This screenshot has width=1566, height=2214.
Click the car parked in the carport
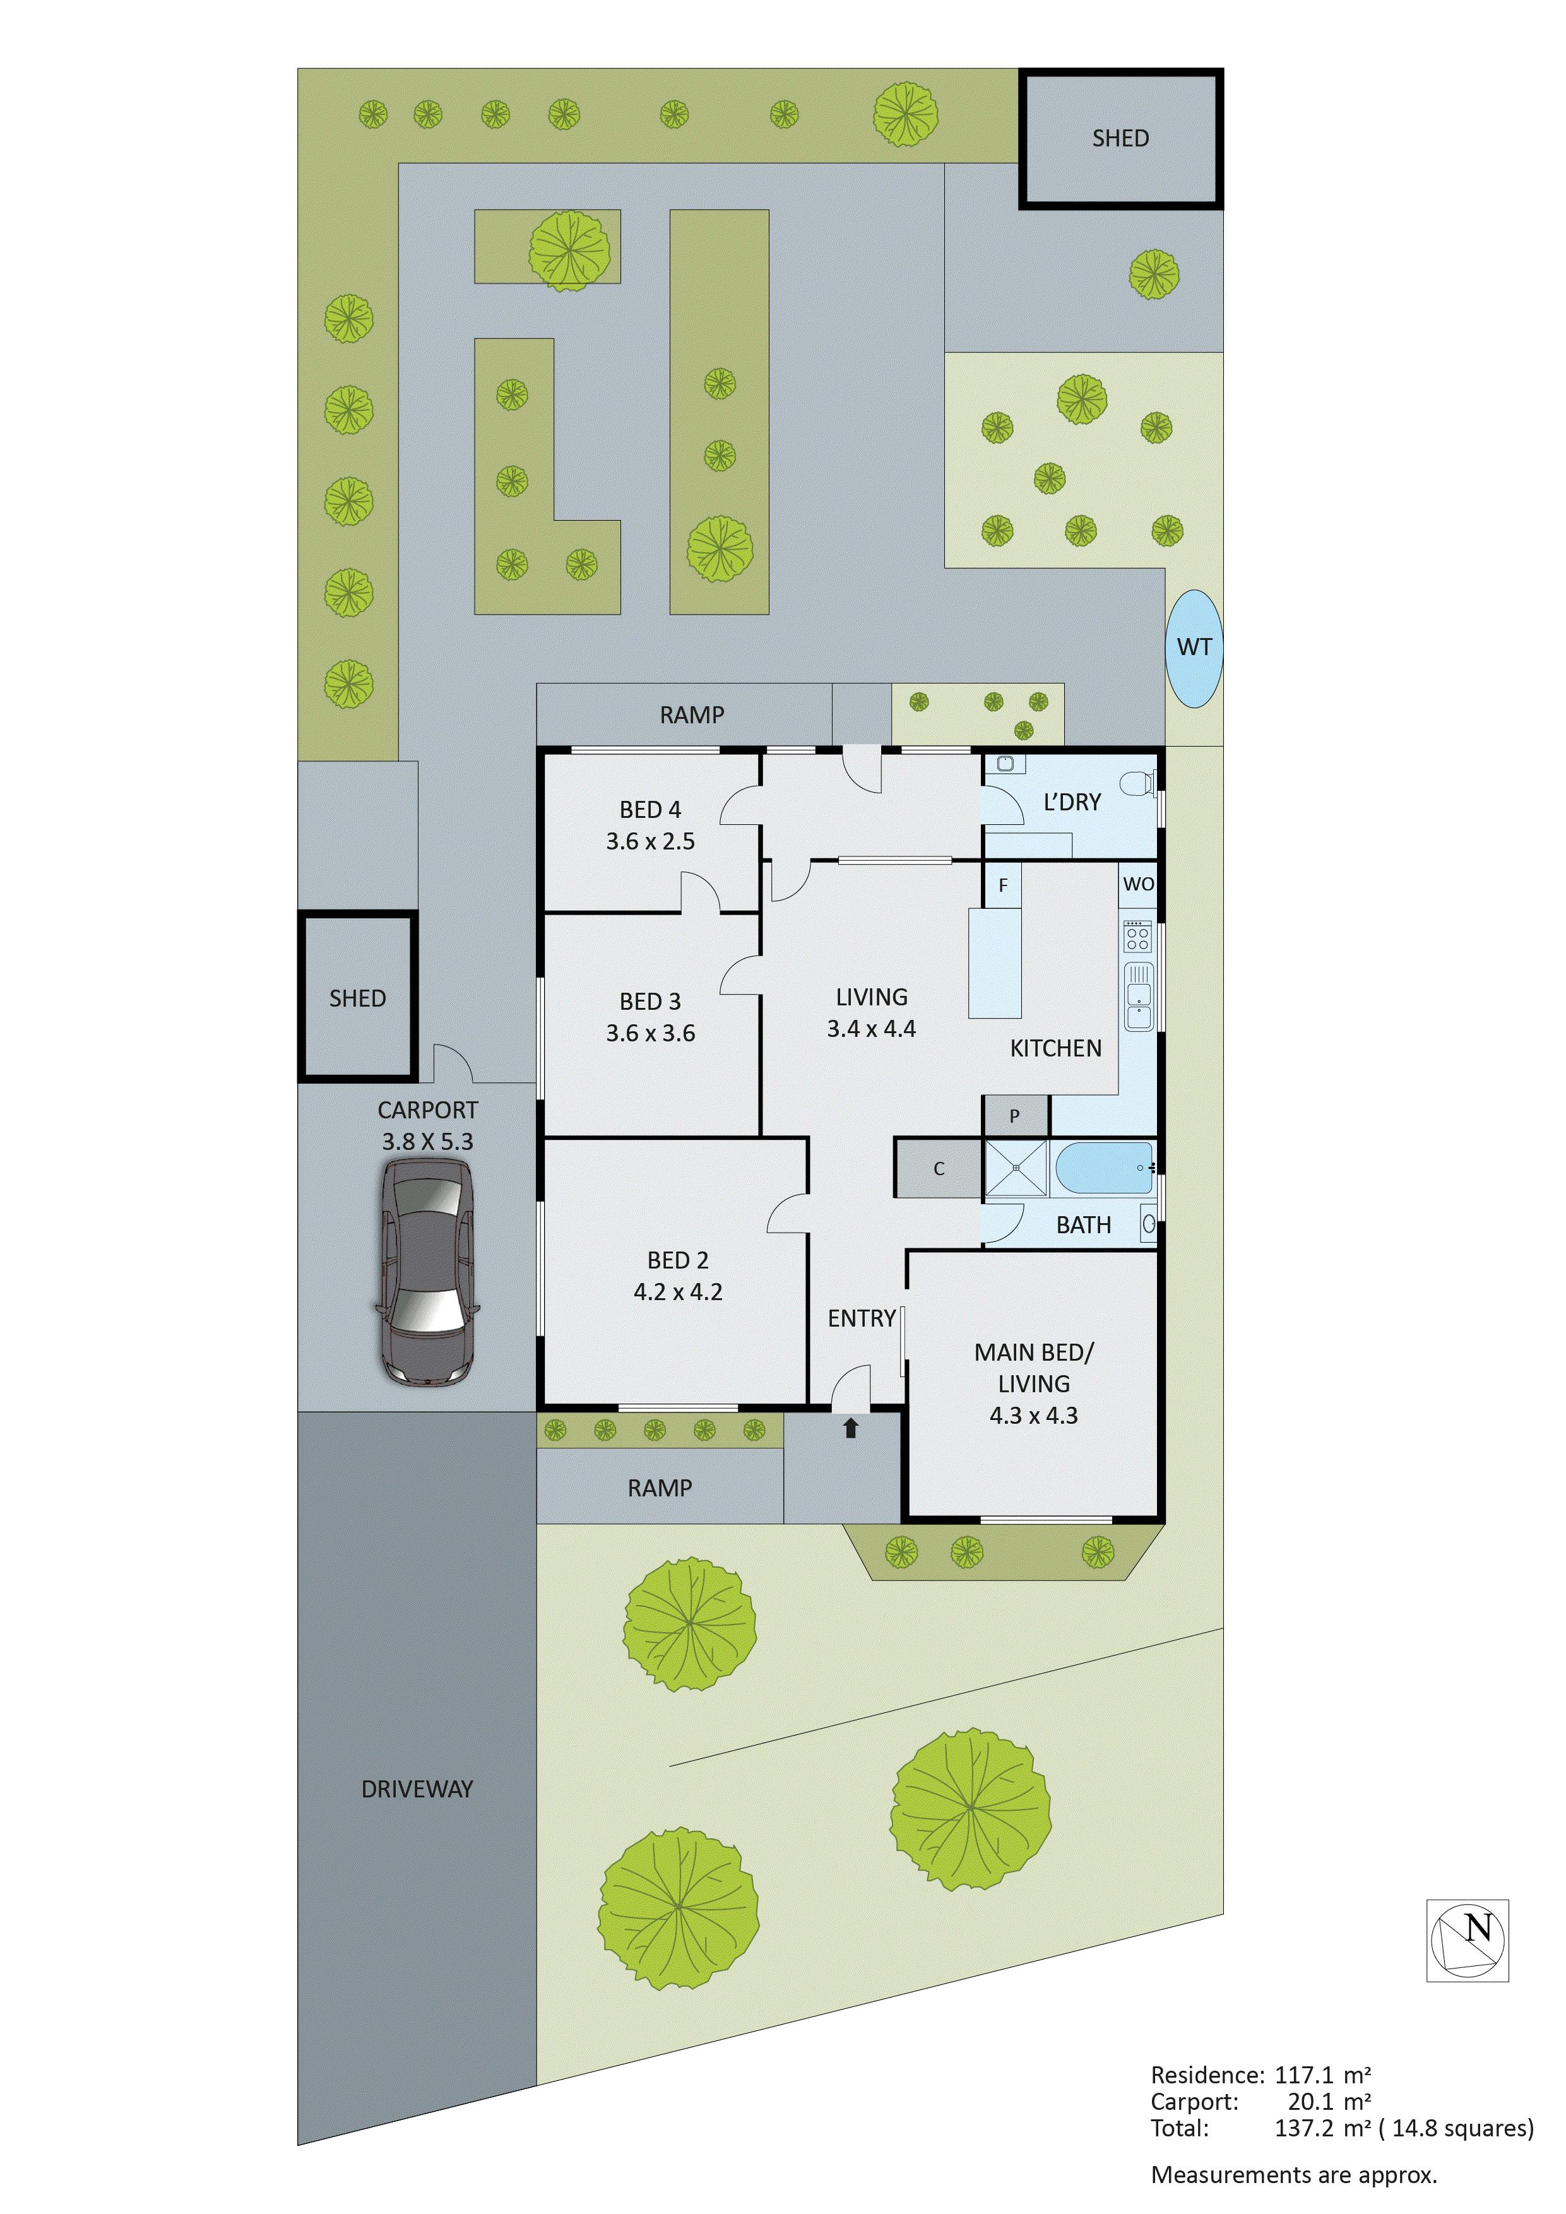click(x=426, y=1271)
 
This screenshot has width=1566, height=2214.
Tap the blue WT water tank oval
click(x=1194, y=648)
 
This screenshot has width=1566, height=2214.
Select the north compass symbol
click(x=1467, y=1940)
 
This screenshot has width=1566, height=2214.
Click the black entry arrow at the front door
click(x=850, y=1428)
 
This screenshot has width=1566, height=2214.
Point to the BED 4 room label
click(x=650, y=809)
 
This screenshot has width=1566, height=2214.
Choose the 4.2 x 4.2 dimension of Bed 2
click(x=678, y=1292)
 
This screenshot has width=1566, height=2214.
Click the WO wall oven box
click(x=1138, y=884)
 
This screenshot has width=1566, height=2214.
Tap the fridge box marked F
click(x=1003, y=884)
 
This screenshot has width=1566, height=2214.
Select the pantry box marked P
click(x=1014, y=1116)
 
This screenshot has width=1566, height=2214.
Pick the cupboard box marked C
click(x=938, y=1169)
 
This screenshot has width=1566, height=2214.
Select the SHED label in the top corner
click(x=1120, y=138)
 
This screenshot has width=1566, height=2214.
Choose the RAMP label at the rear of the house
click(x=691, y=714)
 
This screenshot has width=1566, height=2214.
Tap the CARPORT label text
click(x=427, y=1110)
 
